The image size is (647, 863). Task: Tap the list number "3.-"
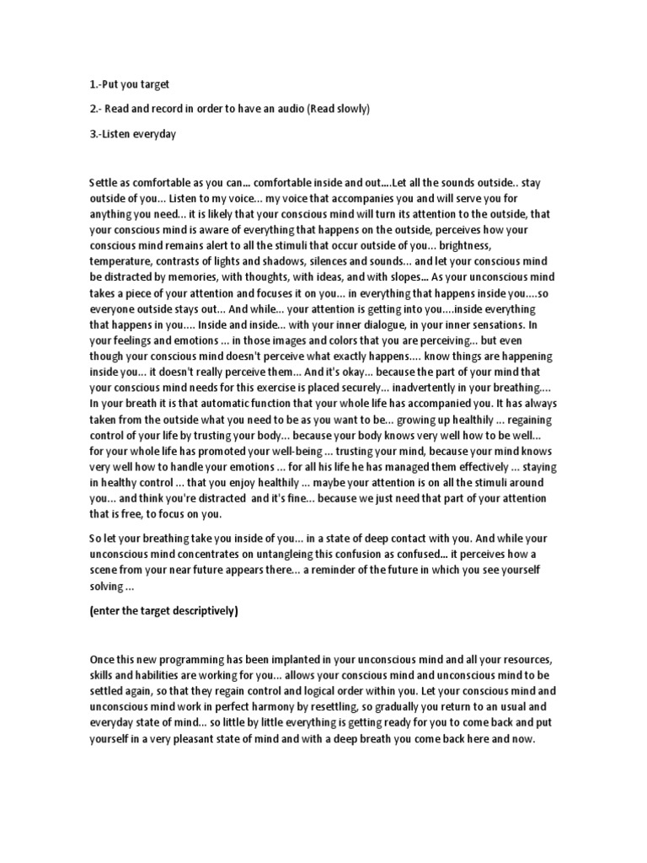[x=96, y=134]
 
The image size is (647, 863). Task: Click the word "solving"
[x=105, y=586]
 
